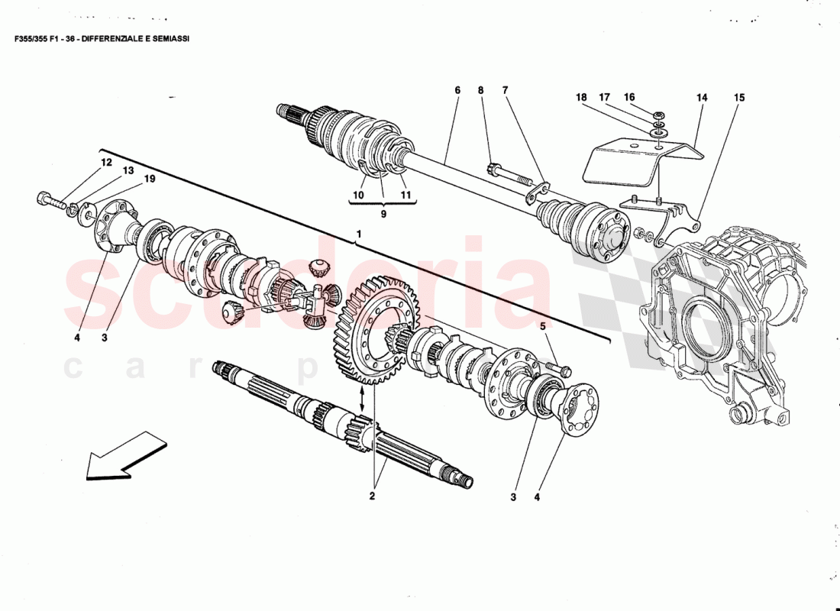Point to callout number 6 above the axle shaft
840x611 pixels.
click(457, 90)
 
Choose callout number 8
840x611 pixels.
click(481, 90)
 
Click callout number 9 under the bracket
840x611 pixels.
click(383, 215)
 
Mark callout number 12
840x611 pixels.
click(105, 163)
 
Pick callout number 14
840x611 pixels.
click(701, 98)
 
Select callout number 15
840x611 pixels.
click(738, 98)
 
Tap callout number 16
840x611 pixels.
click(629, 97)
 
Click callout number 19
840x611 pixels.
click(150, 179)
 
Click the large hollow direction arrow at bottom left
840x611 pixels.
click(126, 456)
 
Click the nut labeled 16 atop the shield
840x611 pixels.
click(659, 115)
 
